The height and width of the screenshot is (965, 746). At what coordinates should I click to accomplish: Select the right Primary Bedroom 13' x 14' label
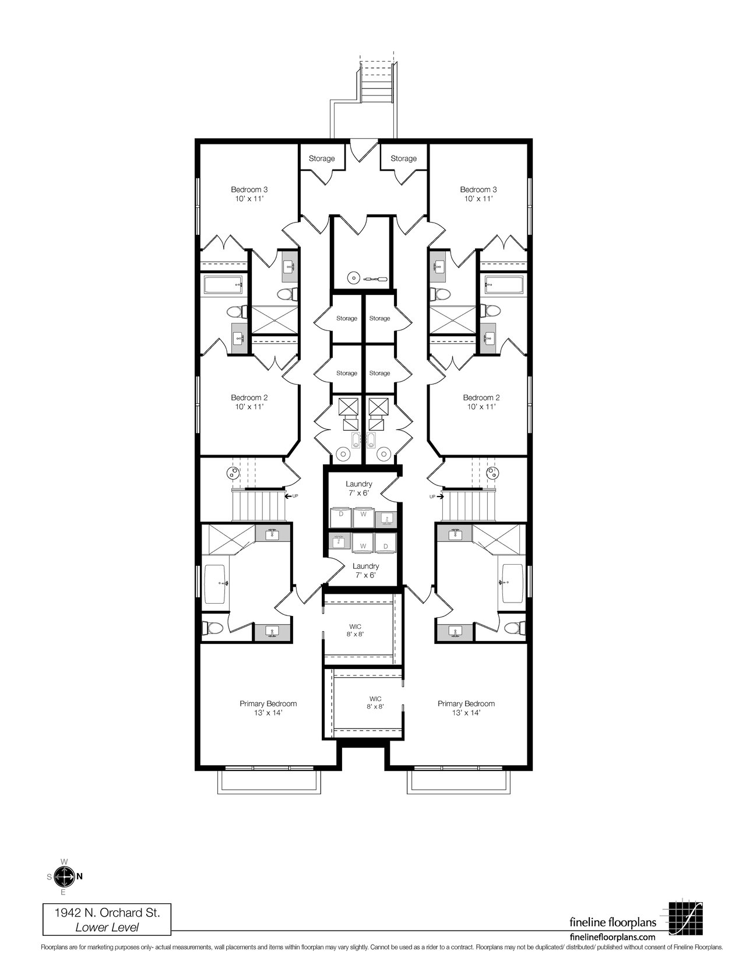coord(466,708)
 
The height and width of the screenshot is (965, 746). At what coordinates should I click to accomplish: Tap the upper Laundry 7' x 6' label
coord(359,488)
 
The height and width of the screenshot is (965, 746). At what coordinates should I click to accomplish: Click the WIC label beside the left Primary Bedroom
coord(356,630)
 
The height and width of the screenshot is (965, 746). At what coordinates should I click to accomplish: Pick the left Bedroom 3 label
coord(249,194)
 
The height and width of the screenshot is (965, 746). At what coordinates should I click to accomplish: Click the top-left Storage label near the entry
coord(322,159)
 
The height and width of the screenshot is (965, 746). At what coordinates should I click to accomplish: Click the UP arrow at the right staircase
coord(437,496)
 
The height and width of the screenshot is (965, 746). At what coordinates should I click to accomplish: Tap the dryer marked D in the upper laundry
coord(341,517)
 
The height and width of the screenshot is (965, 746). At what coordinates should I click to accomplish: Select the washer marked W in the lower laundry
coord(363,543)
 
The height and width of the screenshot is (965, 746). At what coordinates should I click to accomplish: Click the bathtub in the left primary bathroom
coord(216,584)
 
